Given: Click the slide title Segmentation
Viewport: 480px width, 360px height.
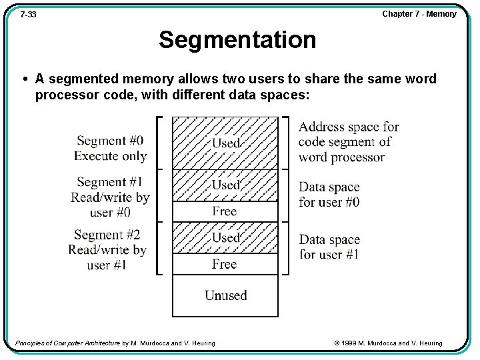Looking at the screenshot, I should pyautogui.click(x=237, y=40).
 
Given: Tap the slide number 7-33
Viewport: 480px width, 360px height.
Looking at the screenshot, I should pyautogui.click(x=28, y=14).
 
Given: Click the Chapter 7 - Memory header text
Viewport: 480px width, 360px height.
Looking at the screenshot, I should pyautogui.click(x=419, y=13).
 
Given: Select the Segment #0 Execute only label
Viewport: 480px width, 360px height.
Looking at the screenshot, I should pyautogui.click(x=110, y=148).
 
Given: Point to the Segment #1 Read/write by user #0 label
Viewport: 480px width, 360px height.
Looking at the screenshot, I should pyautogui.click(x=110, y=197).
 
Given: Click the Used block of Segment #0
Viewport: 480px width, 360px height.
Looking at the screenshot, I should pyautogui.click(x=225, y=143).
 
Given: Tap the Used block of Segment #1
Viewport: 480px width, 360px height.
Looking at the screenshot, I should pyautogui.click(x=225, y=185).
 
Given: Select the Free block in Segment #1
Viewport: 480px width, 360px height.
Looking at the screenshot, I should pyautogui.click(x=225, y=211).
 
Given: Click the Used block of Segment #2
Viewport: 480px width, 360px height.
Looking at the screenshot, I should pyautogui.click(x=225, y=237).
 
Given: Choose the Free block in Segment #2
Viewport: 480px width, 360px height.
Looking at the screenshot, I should pyautogui.click(x=225, y=264).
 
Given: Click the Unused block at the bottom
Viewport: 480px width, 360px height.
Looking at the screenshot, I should pyautogui.click(x=225, y=295).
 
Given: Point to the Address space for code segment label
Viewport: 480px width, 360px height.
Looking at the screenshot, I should pyautogui.click(x=348, y=142).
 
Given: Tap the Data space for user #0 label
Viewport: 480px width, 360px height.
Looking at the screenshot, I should pyautogui.click(x=329, y=194).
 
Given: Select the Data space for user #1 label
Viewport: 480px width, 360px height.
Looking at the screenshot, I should pyautogui.click(x=329, y=247).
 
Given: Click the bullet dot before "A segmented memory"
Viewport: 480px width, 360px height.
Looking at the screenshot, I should pyautogui.click(x=25, y=79).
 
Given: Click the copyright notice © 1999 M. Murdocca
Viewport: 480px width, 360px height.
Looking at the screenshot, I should pyautogui.click(x=388, y=343).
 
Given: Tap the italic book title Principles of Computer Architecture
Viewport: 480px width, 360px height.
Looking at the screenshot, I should pyautogui.click(x=67, y=343).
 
